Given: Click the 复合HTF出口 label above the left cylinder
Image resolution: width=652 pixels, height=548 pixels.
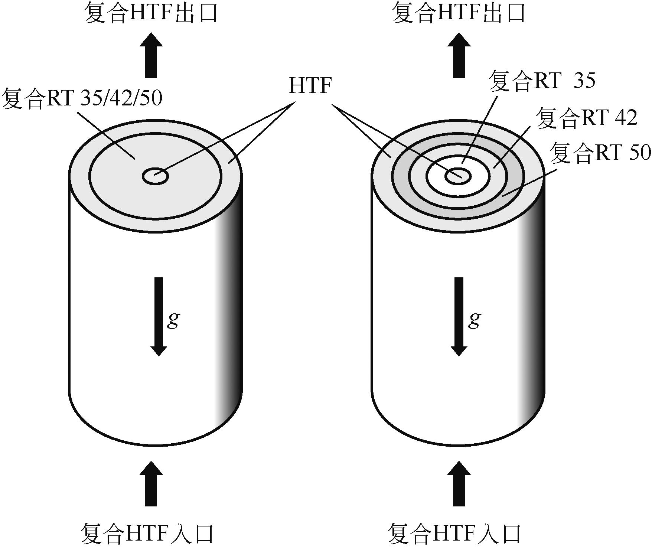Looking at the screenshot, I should tap(151, 13).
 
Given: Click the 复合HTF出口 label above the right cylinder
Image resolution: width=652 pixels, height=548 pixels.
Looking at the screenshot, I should tap(459, 13).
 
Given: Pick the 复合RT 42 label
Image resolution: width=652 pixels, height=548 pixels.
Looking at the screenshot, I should tap(587, 118).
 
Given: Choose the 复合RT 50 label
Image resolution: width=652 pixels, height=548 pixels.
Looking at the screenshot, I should tap(600, 153).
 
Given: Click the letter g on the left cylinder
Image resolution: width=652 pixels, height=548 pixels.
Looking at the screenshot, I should tap(173, 320).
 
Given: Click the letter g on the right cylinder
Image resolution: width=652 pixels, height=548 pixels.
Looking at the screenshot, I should tap(474, 320).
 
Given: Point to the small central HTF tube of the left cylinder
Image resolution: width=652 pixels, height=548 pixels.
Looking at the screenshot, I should tap(156, 176).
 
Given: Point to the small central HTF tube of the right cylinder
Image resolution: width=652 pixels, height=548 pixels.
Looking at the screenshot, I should tap(458, 176).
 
